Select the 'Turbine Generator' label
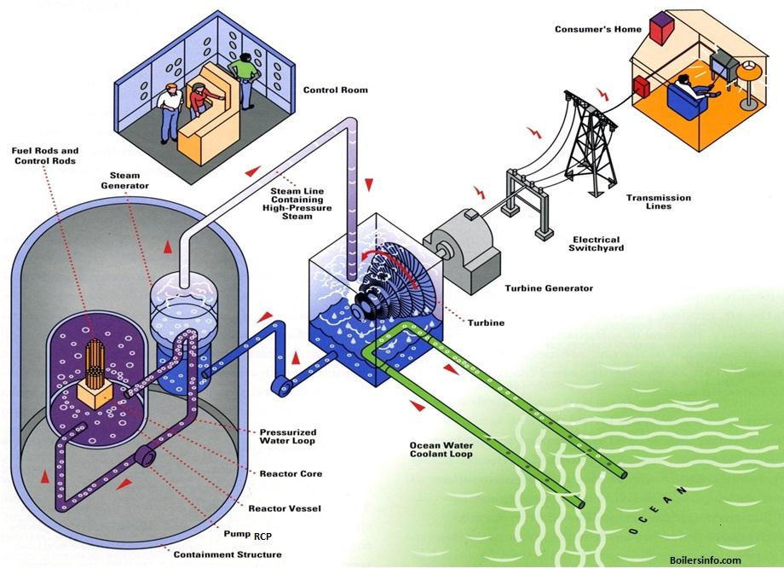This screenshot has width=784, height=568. tap(548, 288)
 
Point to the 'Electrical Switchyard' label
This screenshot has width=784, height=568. tap(596, 244)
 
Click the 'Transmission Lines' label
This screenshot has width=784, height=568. tap(660, 201)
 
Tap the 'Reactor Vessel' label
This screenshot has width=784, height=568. tap(285, 508)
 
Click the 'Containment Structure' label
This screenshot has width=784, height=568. tap(228, 554)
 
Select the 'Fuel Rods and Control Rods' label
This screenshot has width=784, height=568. tap(45, 155)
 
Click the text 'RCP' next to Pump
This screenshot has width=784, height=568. tap(262, 537)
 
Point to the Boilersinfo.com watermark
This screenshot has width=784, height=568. tap(706, 560)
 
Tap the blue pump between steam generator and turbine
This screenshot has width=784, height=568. tap(280, 386)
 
